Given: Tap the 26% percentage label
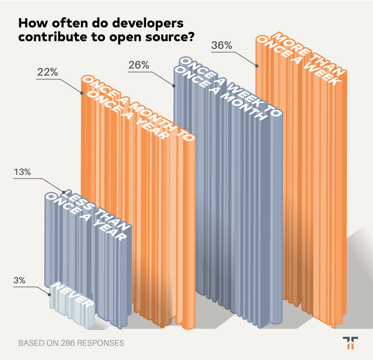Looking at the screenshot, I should pos(137,64).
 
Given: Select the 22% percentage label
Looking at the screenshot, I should pos(47,73).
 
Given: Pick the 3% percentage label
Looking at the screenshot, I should pos(19,280).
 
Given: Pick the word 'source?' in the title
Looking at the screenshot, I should pos(168,37).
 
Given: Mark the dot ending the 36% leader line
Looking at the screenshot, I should pos(256,63).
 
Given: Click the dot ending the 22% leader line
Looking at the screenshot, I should pos(81,92).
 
